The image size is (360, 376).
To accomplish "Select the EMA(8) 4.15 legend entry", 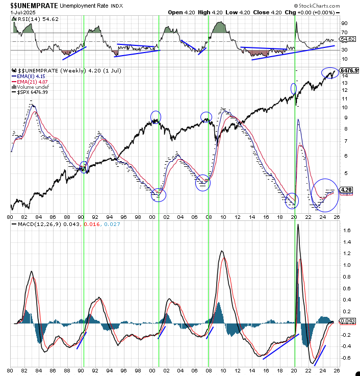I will click(32, 75).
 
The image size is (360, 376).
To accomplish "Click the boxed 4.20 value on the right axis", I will click(346, 190).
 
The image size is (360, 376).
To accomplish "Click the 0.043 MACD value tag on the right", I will click(347, 321).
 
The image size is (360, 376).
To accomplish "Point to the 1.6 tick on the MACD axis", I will click(346, 230).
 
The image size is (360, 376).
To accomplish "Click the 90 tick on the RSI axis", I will click(345, 23).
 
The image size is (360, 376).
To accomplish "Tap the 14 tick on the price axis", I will click(345, 76).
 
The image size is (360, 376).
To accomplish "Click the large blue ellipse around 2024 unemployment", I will click(325, 195).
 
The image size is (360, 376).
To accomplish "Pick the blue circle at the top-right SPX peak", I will click(330, 73).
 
